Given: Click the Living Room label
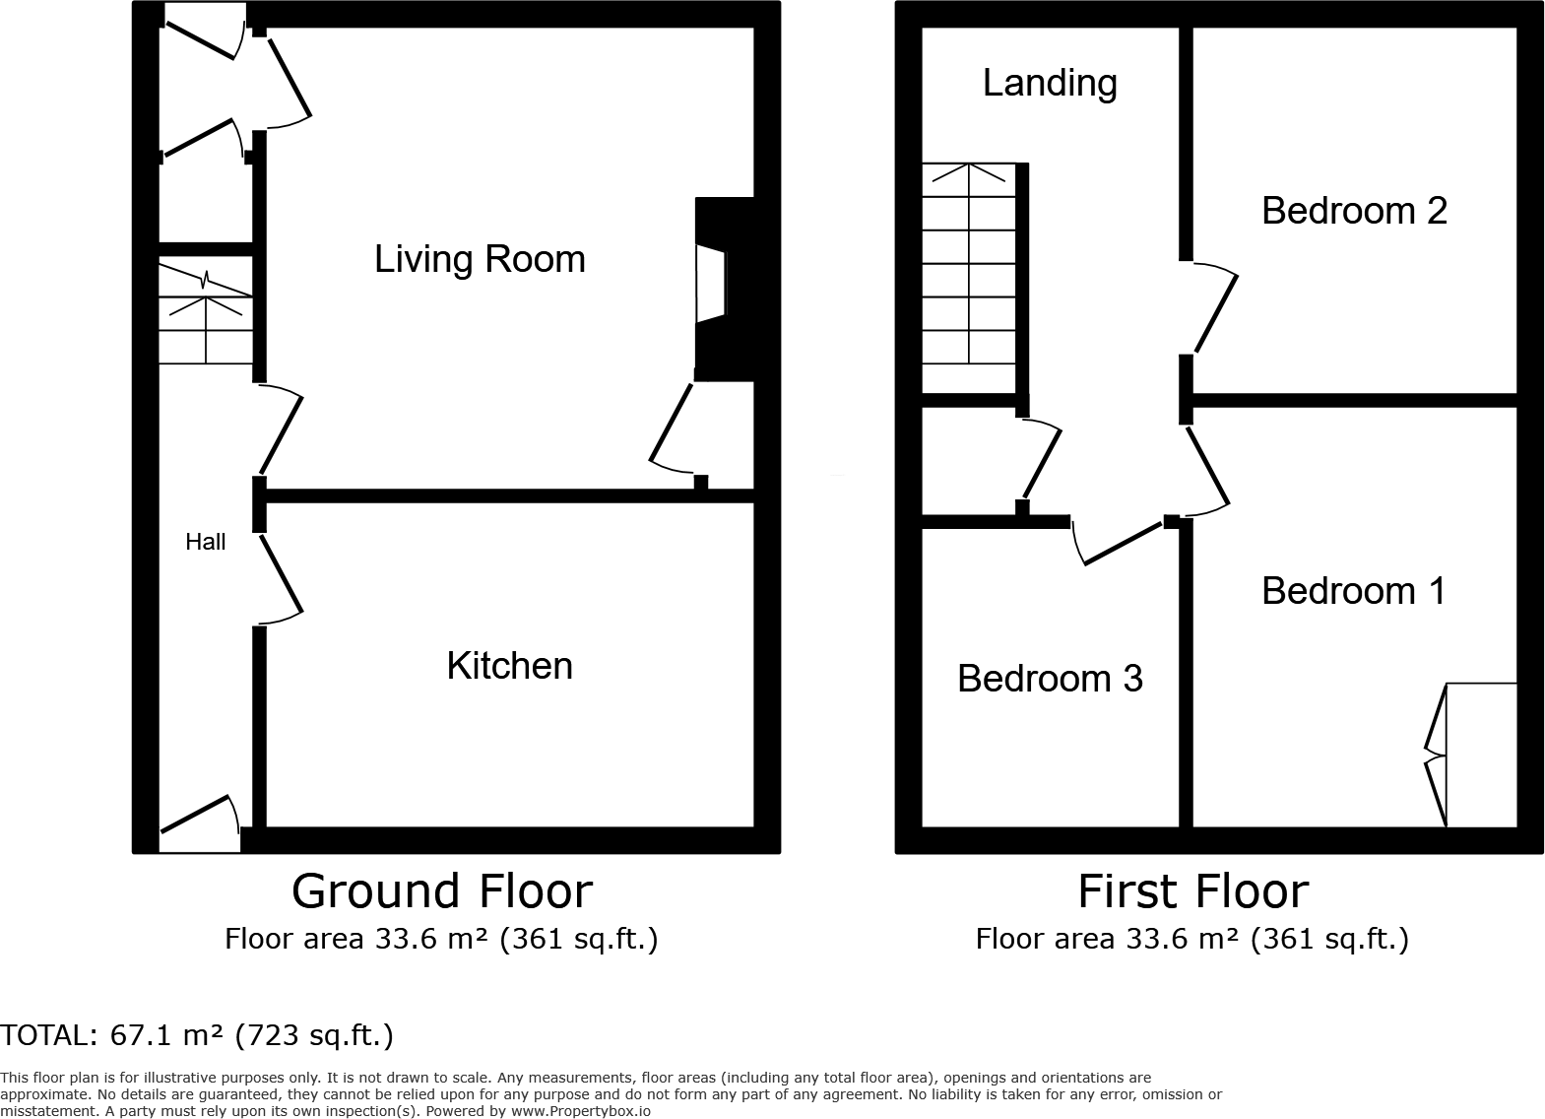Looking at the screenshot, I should point(480,259).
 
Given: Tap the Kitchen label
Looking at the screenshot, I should point(509,666).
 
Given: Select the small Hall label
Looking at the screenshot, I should point(206,542).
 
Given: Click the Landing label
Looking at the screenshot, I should point(1050,83).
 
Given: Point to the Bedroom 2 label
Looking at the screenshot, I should point(1354,211).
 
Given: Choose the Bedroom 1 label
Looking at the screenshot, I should point(1353,591).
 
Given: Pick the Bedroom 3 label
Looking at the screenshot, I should point(1050,679).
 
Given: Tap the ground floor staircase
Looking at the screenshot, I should point(206,313).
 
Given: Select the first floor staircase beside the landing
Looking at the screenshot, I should point(969,278).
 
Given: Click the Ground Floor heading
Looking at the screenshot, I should point(442,891).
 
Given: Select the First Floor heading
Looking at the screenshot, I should point(1192,891).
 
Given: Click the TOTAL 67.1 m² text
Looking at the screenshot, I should point(197,1035).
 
